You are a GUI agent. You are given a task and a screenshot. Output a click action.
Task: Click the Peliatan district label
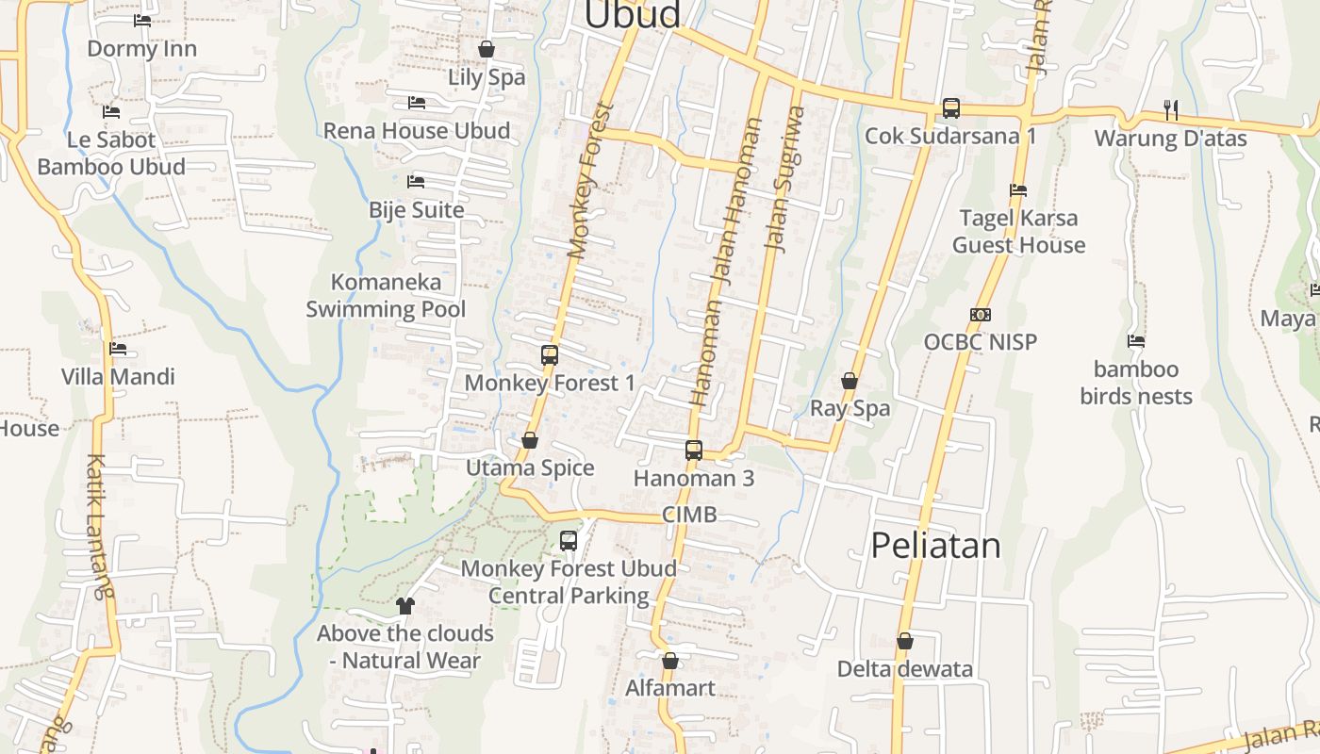coord(935,546)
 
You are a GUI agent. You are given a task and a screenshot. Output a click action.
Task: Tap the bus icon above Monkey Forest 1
coord(550,355)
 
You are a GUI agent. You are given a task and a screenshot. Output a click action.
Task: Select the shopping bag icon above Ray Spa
coord(850,381)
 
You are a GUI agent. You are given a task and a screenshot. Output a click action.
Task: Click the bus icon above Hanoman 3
coord(694,451)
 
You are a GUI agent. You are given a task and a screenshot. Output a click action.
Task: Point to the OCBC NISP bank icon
coord(981,315)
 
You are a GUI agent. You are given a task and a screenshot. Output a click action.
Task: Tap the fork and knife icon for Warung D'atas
coord(1171,110)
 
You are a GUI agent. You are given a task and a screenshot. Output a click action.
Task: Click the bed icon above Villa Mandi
coord(118,349)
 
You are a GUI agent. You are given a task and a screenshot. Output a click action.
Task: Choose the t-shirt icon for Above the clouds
coord(405,605)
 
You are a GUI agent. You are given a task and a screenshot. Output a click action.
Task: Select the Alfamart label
coord(670,688)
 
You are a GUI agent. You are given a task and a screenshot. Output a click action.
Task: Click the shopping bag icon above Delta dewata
coord(905,642)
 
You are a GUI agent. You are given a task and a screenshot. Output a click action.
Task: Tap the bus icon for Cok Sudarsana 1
coord(951,108)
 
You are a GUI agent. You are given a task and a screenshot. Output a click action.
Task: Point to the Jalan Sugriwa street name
coord(784,179)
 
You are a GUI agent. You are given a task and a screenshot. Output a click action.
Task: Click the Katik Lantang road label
coord(98,527)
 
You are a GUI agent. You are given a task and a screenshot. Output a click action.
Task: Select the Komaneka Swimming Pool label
coord(386,295)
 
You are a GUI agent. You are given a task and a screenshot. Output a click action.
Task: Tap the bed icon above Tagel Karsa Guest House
coord(1018,190)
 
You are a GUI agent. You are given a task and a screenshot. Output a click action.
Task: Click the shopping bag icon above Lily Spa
coord(487,49)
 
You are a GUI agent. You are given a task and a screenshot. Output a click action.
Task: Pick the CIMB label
coord(689,515)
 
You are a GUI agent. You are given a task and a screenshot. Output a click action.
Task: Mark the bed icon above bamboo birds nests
coord(1136,341)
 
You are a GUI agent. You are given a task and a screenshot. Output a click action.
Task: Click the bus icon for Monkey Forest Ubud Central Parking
coord(569,541)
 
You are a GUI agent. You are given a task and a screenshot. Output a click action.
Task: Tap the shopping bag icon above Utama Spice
coord(530,440)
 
